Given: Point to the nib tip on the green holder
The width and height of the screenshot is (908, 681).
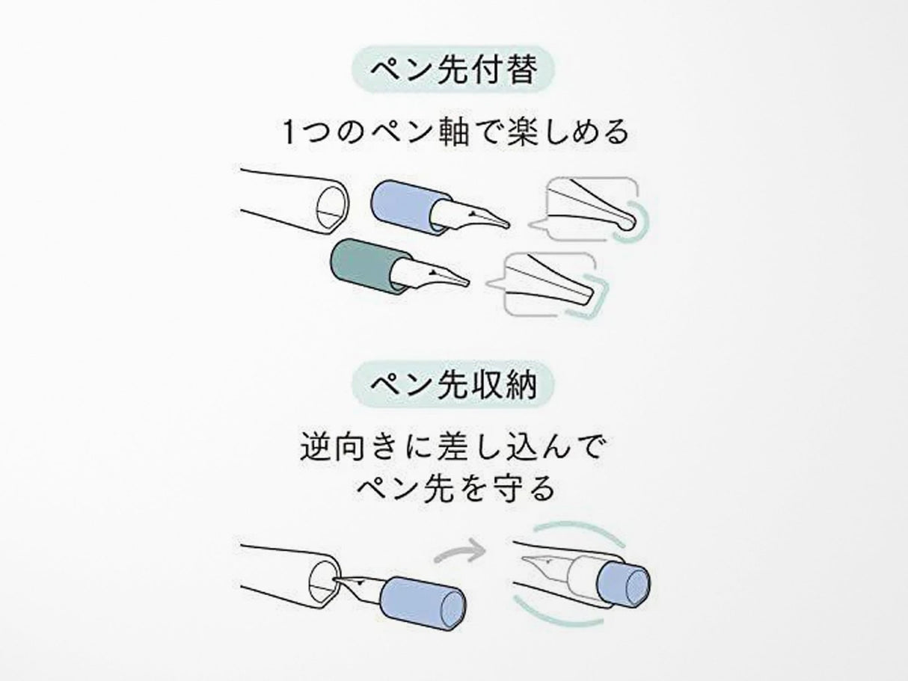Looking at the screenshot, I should (465, 283).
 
